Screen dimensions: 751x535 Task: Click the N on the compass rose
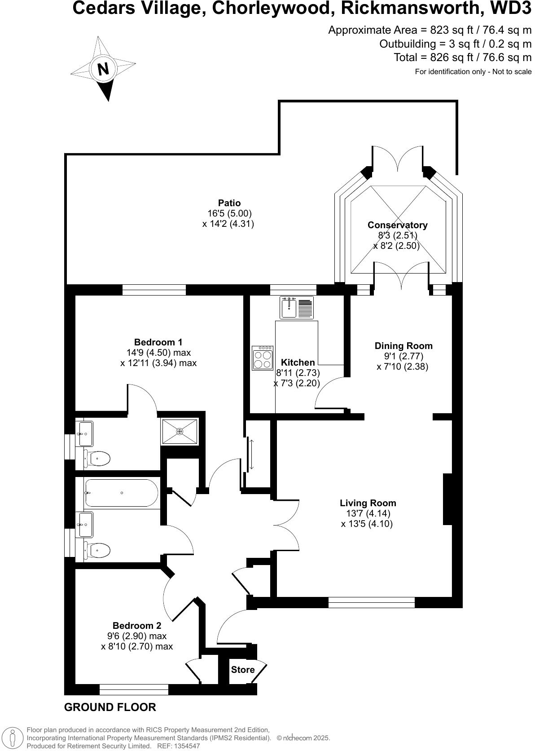click(x=103, y=69)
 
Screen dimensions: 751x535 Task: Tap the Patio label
click(x=229, y=203)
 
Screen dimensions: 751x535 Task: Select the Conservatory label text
click(x=397, y=225)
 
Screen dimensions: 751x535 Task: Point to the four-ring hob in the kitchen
click(x=263, y=358)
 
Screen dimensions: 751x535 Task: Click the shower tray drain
click(x=180, y=432)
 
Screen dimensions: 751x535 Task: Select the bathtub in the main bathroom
click(x=122, y=493)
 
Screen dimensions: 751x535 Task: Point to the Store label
click(x=243, y=670)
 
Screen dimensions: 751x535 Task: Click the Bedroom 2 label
click(x=137, y=626)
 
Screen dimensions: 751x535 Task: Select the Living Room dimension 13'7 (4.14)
click(x=368, y=513)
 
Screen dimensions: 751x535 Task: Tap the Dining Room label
click(x=403, y=346)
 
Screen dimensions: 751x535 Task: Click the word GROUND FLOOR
click(x=110, y=707)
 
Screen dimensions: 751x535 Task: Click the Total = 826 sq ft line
click(x=462, y=57)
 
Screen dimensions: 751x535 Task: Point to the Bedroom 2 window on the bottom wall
click(x=134, y=689)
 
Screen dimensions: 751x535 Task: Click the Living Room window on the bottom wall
click(x=371, y=602)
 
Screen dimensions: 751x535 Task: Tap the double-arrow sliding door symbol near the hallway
click(x=251, y=455)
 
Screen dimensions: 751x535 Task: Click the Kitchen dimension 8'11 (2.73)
click(x=298, y=373)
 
